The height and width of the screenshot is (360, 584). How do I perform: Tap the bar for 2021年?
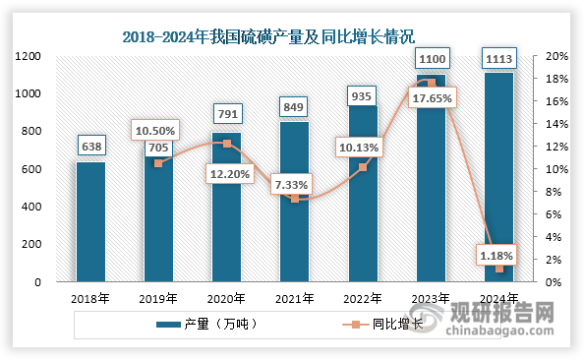pos(295,202)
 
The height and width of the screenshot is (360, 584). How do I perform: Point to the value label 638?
pos(90,148)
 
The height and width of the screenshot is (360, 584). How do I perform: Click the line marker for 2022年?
pos(363,167)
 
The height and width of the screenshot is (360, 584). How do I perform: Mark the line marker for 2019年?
pos(158,163)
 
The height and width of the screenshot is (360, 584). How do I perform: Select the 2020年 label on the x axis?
pos(226,299)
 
